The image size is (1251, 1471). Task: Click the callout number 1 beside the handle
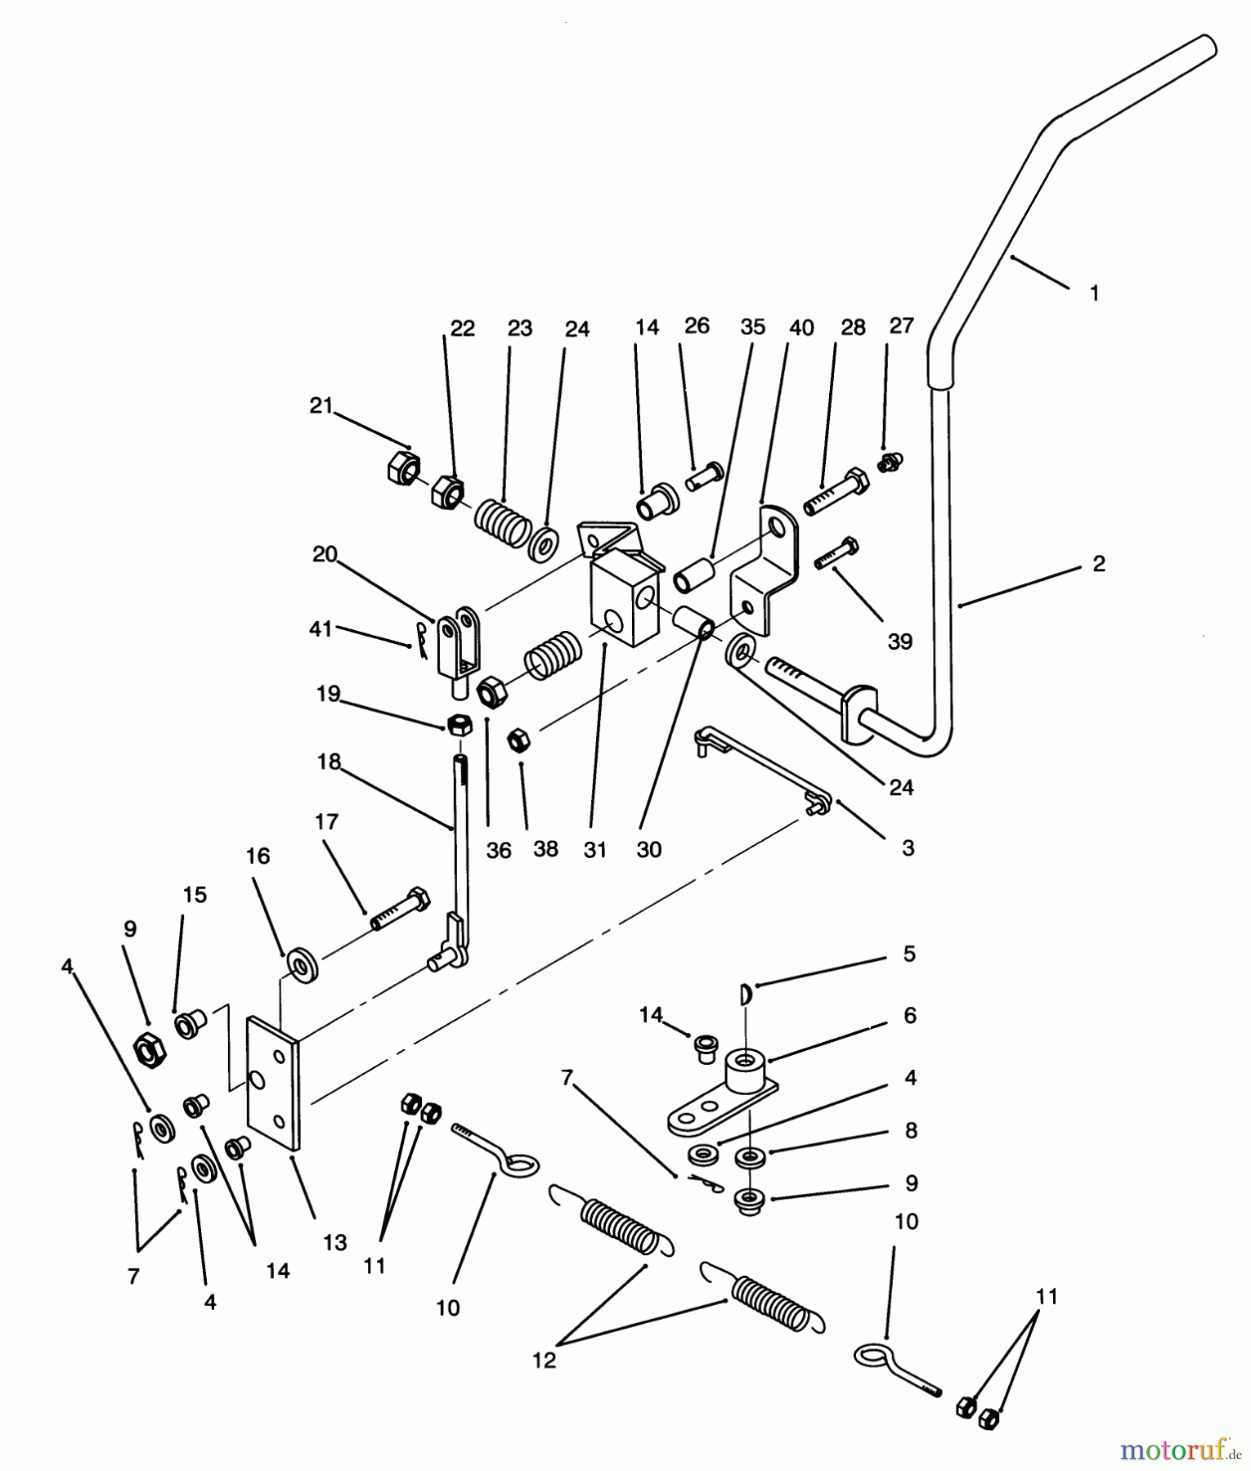pyautogui.click(x=1095, y=293)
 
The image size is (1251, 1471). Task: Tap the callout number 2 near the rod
pyautogui.click(x=1098, y=563)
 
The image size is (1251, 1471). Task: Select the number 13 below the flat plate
pyautogui.click(x=335, y=1244)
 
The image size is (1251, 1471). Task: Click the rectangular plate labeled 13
pyautogui.click(x=274, y=1083)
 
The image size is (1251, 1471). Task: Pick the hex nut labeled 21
pyautogui.click(x=402, y=467)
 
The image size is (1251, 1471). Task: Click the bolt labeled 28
pyautogui.click(x=836, y=493)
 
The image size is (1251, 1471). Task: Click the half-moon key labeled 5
pyautogui.click(x=746, y=994)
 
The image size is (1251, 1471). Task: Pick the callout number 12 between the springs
pyautogui.click(x=544, y=1360)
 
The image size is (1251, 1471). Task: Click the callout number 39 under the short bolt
pyautogui.click(x=899, y=642)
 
